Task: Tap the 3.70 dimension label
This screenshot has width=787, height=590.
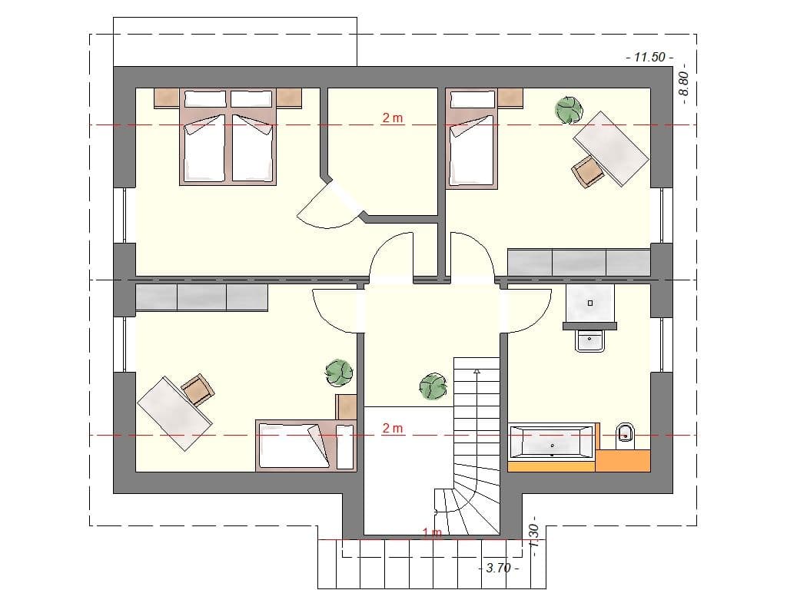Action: tap(498, 568)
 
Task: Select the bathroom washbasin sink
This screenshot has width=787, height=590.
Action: tap(589, 341)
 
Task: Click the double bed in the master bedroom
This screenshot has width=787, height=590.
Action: tap(228, 138)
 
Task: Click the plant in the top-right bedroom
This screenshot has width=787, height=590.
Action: tap(569, 110)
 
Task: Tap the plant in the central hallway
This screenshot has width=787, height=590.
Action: tap(432, 386)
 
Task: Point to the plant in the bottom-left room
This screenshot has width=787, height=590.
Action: tap(338, 374)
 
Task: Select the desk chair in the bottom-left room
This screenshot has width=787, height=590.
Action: tap(198, 389)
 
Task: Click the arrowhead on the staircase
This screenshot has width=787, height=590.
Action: tap(477, 372)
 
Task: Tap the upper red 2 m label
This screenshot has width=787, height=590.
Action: tap(393, 118)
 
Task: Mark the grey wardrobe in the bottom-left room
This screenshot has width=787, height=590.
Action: tap(201, 297)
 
